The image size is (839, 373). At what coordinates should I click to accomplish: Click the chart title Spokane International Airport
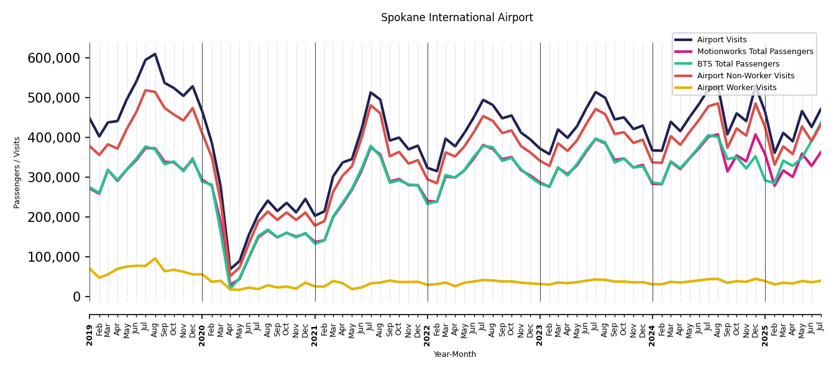tap(457, 18)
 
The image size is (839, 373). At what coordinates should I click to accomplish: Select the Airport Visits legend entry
tap(722, 40)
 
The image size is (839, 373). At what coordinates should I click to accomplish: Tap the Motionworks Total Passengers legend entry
tap(754, 52)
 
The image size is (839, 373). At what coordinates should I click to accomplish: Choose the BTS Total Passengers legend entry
tap(738, 64)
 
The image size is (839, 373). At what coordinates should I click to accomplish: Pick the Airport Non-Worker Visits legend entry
tap(745, 76)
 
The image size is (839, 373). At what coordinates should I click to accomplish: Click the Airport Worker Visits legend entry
tap(736, 88)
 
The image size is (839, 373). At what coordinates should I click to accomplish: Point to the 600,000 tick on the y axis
tap(54, 58)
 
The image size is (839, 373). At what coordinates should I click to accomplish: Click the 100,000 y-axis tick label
tap(54, 257)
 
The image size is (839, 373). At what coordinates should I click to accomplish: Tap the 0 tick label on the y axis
tap(77, 297)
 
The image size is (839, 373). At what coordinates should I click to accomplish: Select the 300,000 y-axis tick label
tap(54, 178)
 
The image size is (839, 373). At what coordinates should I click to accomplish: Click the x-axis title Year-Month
tap(455, 354)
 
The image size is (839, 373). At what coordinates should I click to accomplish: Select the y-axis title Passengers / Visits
tap(17, 172)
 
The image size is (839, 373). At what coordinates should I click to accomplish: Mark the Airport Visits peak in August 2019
tap(155, 54)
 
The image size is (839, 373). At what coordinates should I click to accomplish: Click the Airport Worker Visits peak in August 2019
tap(155, 259)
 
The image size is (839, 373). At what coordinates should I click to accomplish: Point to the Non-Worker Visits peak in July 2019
tap(145, 90)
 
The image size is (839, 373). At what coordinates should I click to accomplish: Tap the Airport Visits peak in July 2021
tap(371, 93)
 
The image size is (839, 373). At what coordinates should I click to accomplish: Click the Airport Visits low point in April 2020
tap(230, 270)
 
